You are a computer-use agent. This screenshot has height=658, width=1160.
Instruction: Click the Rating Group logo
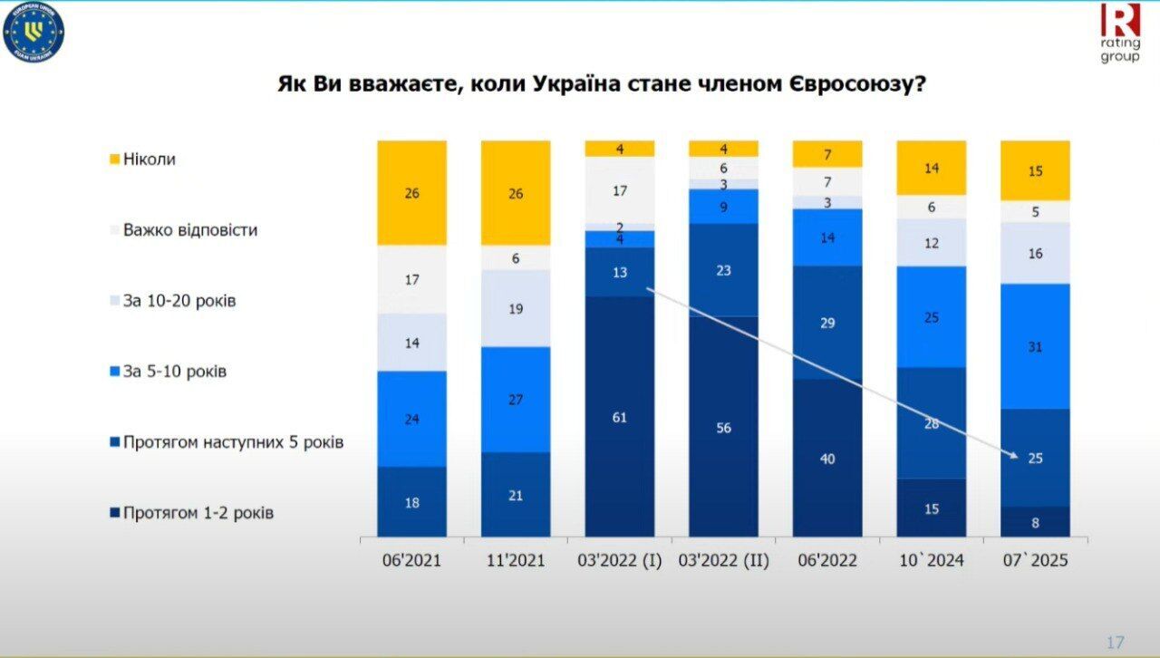(1120, 33)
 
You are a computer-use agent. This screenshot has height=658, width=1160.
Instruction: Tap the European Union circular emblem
(34, 34)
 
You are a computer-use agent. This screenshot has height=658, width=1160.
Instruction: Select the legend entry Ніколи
(149, 160)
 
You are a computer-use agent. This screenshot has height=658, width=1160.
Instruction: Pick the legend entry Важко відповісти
(189, 230)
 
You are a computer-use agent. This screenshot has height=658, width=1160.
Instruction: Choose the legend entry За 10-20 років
(179, 301)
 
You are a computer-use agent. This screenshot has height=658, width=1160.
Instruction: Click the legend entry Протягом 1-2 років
(198, 513)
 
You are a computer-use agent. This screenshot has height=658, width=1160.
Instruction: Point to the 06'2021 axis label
(411, 561)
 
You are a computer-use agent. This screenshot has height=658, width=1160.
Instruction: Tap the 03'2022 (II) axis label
(723, 561)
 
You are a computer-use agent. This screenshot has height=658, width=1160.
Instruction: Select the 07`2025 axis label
(1035, 561)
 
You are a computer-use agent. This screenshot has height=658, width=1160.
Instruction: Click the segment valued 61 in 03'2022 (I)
(620, 417)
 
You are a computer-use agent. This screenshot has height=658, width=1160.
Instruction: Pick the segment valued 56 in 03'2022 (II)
(723, 427)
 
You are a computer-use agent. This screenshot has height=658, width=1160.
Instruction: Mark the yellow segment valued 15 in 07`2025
(1035, 170)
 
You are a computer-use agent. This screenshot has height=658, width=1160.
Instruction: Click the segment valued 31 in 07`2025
(1035, 346)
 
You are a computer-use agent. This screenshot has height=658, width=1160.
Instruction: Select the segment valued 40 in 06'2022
(827, 459)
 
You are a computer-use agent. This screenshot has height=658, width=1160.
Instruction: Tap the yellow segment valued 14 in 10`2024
(931, 168)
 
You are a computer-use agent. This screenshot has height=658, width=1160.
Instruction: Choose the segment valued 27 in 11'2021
(516, 400)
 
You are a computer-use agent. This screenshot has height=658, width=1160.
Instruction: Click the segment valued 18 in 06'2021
(411, 502)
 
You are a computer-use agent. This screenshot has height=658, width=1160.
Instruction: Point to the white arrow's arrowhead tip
(1018, 457)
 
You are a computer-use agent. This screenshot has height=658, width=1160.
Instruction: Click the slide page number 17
(1115, 643)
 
